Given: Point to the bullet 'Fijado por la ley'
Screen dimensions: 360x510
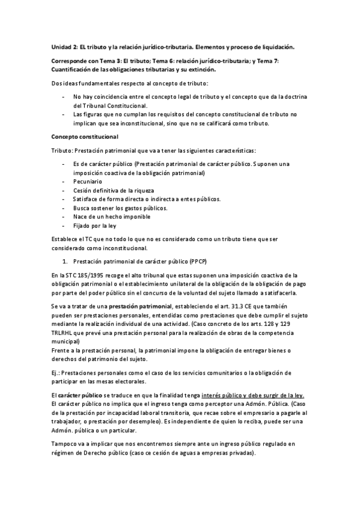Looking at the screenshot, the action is [94, 226].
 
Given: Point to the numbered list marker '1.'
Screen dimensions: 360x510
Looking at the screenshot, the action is [66, 262].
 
